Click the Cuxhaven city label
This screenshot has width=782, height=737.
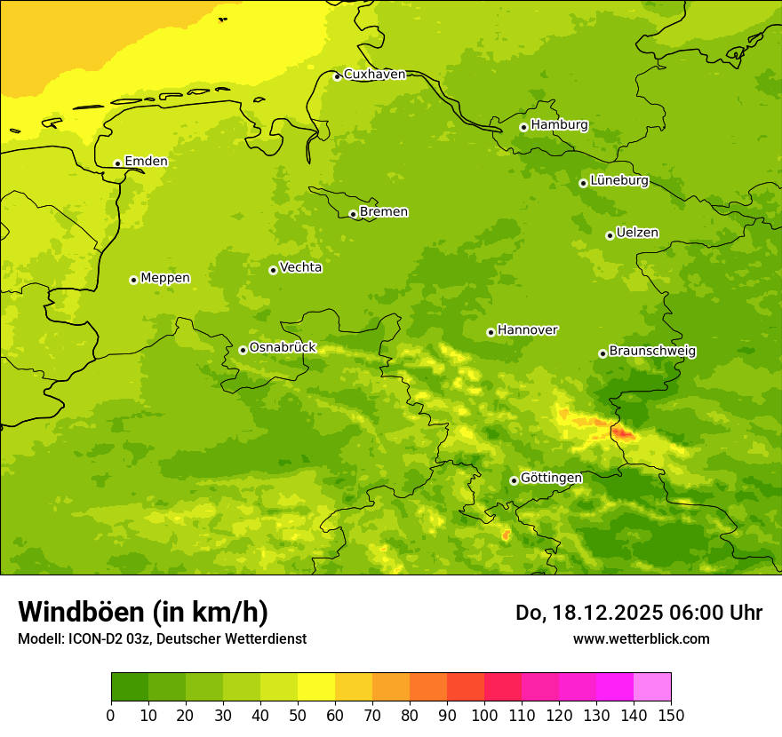coord(374,75)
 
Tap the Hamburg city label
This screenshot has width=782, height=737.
coord(559,125)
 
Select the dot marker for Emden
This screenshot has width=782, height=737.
coord(117,163)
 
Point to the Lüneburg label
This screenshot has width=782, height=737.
coord(618,180)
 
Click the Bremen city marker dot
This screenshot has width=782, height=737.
coord(353,214)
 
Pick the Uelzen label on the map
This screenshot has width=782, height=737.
coord(637,234)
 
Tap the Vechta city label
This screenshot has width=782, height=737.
coord(300,267)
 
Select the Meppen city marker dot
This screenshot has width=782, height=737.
coord(133,280)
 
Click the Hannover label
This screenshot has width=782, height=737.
coord(527,330)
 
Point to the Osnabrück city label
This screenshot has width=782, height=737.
coord(283,348)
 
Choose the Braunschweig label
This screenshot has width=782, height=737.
coord(652,352)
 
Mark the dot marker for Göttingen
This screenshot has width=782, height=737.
coord(514,480)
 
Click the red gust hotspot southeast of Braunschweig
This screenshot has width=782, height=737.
coord(622,433)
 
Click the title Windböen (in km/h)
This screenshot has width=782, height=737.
coord(143,612)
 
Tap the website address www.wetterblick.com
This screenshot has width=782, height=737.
coord(641,639)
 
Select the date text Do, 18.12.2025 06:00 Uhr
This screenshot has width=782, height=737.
coord(639,613)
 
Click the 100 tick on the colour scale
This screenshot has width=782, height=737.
coord(484,715)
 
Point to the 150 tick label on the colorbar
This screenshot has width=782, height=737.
coord(670,715)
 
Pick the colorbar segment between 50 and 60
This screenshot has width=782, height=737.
coord(316,687)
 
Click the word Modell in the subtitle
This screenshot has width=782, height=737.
coord(39,639)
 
